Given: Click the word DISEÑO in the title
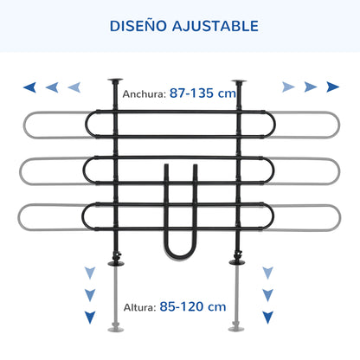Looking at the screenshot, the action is tap(138, 26).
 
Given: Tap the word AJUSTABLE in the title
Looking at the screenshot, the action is tap(215, 26).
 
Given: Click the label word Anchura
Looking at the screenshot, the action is tap(144, 94).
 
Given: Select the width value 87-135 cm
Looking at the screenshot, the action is tap(202, 93).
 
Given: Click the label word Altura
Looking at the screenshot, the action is tap(139, 307).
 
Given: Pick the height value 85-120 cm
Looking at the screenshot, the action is tap(193, 306).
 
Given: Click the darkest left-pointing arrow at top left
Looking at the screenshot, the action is tap(29, 87).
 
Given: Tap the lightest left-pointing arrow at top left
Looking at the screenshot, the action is tap(74, 87).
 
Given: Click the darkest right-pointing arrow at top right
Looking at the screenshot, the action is tap(332, 87).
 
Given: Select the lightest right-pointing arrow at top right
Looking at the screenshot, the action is tap(288, 87).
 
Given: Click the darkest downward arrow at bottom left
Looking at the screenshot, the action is tap(90, 317).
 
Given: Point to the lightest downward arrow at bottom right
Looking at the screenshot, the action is tap(267, 273).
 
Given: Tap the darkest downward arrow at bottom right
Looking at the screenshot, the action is tap(267, 317).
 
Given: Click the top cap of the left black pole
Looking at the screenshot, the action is tap(115, 80).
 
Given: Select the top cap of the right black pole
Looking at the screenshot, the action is tap(239, 82).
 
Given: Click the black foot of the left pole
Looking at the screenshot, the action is tap(116, 263).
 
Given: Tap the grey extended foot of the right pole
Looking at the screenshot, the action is tap(236, 329).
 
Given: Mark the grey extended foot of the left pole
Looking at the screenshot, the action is tap(116, 329).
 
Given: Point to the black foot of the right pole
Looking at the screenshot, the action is tap(237, 262).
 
